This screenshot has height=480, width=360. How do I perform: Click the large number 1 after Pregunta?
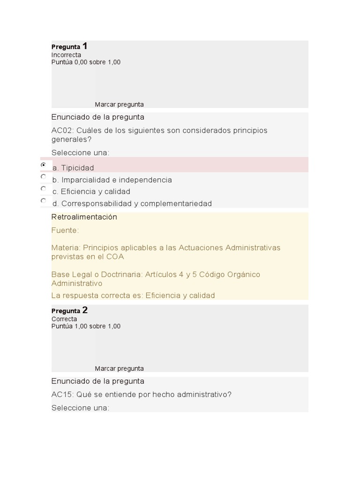coord(85,46)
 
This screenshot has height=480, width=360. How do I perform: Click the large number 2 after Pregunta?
coord(85,310)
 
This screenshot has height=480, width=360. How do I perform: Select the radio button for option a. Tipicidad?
coord(44,165)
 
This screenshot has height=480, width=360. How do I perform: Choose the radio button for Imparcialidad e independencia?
coord(44,177)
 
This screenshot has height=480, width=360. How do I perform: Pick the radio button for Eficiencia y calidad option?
coord(44,188)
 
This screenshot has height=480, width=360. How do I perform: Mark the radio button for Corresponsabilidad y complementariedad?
coord(44,201)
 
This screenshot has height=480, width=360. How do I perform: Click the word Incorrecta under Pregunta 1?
coord(66,55)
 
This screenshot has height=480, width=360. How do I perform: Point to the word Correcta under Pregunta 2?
coord(64,319)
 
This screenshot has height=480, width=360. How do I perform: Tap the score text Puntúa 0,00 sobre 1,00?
coord(86,62)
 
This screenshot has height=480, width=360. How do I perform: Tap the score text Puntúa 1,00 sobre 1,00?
coord(86,326)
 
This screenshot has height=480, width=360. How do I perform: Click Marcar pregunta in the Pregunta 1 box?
coord(119,105)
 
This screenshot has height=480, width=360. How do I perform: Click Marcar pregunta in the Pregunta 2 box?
coord(119,368)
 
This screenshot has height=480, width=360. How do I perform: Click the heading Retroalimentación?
coord(84,217)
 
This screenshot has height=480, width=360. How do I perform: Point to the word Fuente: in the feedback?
coord(65,231)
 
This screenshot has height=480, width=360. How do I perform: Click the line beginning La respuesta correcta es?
coord(133,295)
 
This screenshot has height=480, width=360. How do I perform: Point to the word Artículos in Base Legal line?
coord(161,274)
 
